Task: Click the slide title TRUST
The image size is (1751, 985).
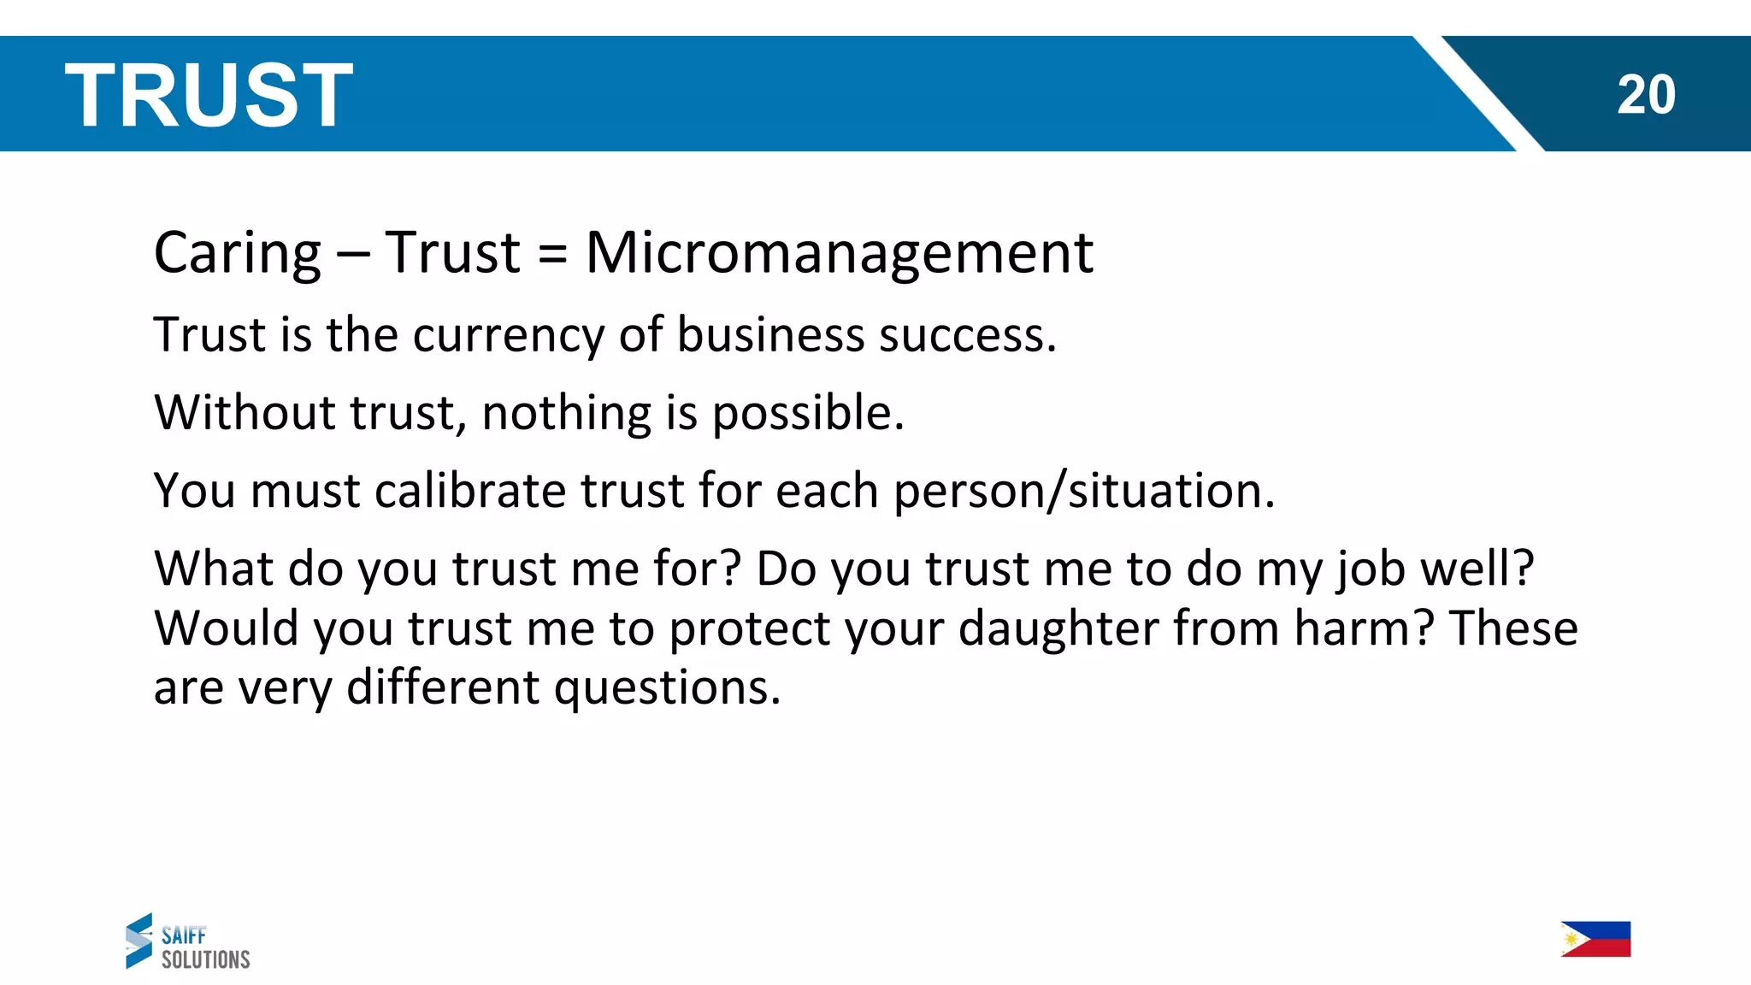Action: pyautogui.click(x=209, y=95)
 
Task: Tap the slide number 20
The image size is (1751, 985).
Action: pyautogui.click(x=1646, y=95)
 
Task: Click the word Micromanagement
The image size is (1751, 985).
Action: pyautogui.click(x=839, y=253)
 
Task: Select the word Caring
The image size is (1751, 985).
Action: pyautogui.click(x=238, y=253)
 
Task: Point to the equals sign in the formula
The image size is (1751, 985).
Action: pyautogui.click(x=553, y=255)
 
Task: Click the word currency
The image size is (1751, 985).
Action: pyautogui.click(x=509, y=335)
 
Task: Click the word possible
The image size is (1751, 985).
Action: pyautogui.click(x=807, y=414)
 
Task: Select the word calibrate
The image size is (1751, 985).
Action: pyautogui.click(x=469, y=491)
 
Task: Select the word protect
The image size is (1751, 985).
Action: pyautogui.click(x=749, y=630)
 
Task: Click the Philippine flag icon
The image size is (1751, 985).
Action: pyautogui.click(x=1595, y=939)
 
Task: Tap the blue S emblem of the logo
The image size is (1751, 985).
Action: pyautogui.click(x=139, y=941)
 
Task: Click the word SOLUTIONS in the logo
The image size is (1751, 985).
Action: pyautogui.click(x=206, y=959)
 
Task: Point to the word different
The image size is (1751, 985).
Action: pyautogui.click(x=442, y=687)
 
